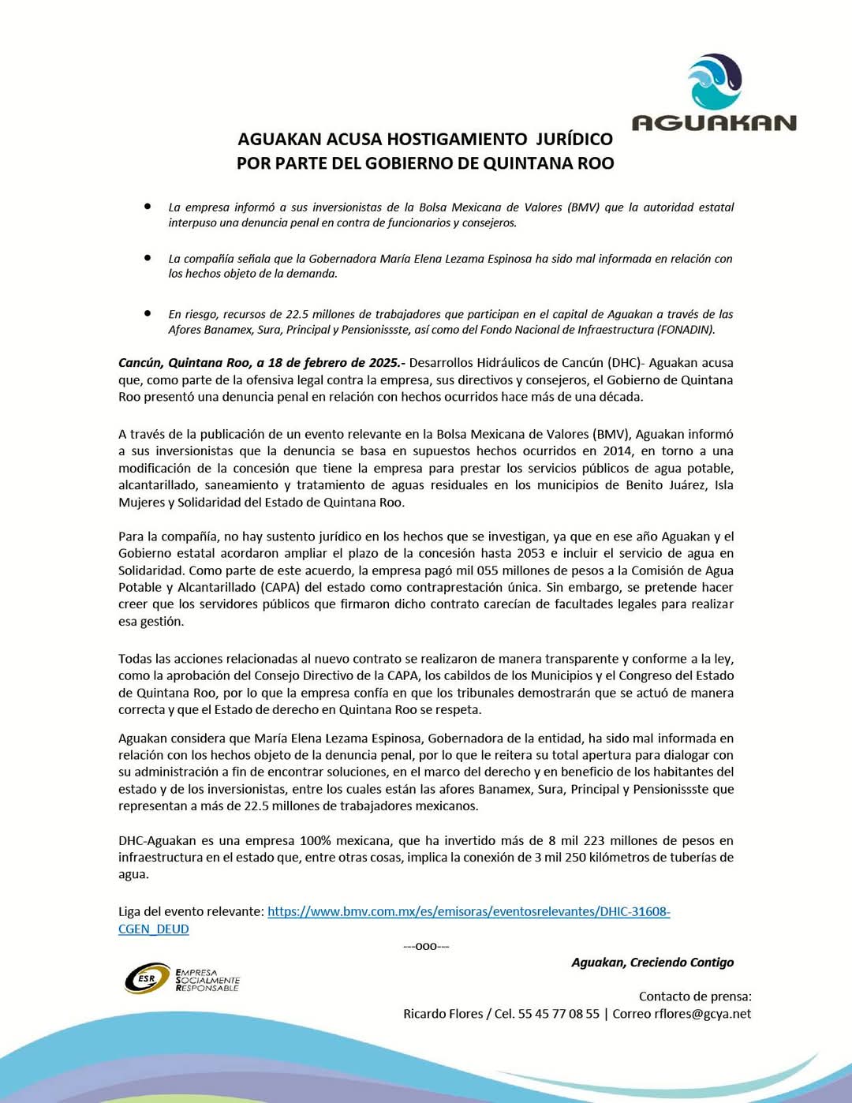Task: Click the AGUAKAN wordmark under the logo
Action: click(x=714, y=123)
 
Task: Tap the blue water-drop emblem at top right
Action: click(x=714, y=81)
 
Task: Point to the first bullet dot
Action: click(x=148, y=206)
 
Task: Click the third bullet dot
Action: click(x=148, y=312)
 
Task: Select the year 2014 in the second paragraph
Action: click(x=618, y=451)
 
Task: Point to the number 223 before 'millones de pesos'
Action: click(x=594, y=841)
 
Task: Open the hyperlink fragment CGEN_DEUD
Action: click(x=154, y=929)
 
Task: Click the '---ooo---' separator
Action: click(x=426, y=946)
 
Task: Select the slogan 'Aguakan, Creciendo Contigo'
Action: click(x=652, y=963)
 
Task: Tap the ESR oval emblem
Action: click(x=148, y=978)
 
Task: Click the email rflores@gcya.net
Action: click(x=703, y=1014)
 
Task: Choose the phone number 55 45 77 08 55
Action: click(x=559, y=1014)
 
